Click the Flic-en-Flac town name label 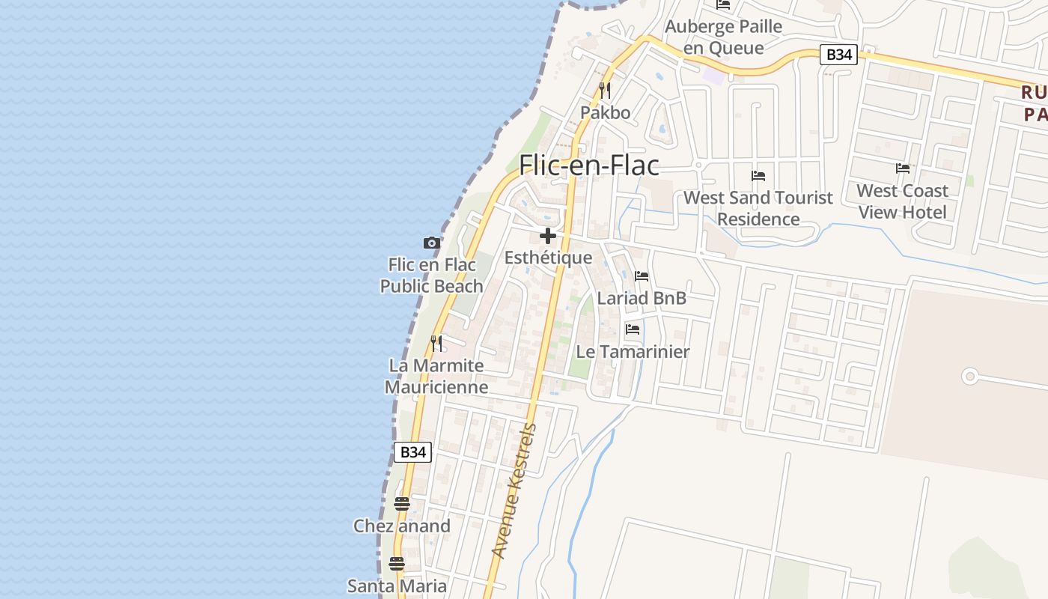[589, 165]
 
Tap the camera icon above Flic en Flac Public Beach [431, 243]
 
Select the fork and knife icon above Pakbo [605, 91]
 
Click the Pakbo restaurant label [605, 113]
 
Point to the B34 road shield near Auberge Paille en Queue [838, 55]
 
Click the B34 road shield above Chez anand [412, 451]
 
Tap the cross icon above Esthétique [548, 237]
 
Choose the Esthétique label [548, 258]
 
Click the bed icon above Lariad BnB [642, 276]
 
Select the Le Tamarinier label [633, 351]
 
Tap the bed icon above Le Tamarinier [633, 329]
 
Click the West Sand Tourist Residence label [758, 208]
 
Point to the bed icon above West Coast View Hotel [903, 168]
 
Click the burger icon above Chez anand [402, 504]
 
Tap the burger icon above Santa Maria [397, 564]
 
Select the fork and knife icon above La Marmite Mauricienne [436, 344]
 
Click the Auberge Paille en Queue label [724, 37]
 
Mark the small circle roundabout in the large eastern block [970, 376]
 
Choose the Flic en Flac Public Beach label [432, 276]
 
